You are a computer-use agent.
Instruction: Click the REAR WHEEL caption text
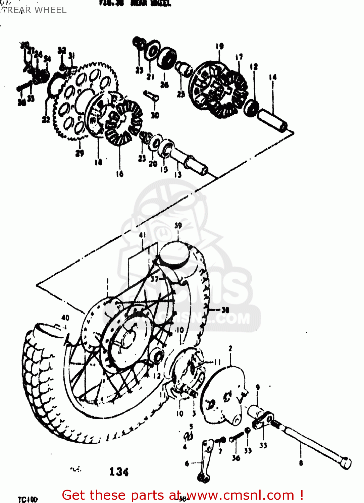pyautogui.click(x=37, y=10)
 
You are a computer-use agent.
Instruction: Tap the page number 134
pyautogui.click(x=119, y=472)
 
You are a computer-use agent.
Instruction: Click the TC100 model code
pyautogui.click(x=28, y=499)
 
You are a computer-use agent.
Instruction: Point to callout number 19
pyautogui.click(x=220, y=46)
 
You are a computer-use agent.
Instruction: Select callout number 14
pyautogui.click(x=273, y=77)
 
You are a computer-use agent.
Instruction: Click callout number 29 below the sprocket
pyautogui.click(x=80, y=153)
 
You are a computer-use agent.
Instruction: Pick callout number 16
pyautogui.click(x=120, y=174)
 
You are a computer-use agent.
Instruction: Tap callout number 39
pyautogui.click(x=178, y=226)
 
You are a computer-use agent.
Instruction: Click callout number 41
pyautogui.click(x=143, y=235)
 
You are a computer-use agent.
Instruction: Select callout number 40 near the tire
pyautogui.click(x=65, y=317)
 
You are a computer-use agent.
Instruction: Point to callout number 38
pyautogui.click(x=225, y=310)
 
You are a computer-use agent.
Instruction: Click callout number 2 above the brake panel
pyautogui.click(x=230, y=349)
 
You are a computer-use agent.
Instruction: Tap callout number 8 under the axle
pyautogui.click(x=301, y=463)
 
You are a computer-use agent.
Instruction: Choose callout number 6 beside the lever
pyautogui.click(x=187, y=464)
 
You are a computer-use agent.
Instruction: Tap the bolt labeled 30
pyautogui.click(x=152, y=95)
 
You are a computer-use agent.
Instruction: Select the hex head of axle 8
pyautogui.click(x=345, y=463)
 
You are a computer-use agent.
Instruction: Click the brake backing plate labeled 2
pyautogui.click(x=223, y=396)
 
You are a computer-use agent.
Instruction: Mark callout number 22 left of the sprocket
pyautogui.click(x=46, y=119)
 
